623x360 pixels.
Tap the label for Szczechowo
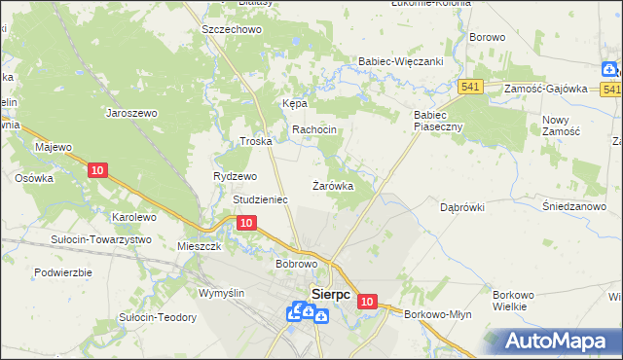click(233, 30)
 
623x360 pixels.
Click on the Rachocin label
click(314, 129)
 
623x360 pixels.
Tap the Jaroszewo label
click(131, 113)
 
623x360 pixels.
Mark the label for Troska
click(255, 141)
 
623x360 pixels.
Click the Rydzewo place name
click(235, 176)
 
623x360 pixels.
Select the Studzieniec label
click(260, 199)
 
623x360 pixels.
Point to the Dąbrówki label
click(461, 207)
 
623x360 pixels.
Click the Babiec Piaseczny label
click(429, 120)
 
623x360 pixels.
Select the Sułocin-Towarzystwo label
click(101, 239)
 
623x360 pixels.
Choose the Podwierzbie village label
click(62, 272)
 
